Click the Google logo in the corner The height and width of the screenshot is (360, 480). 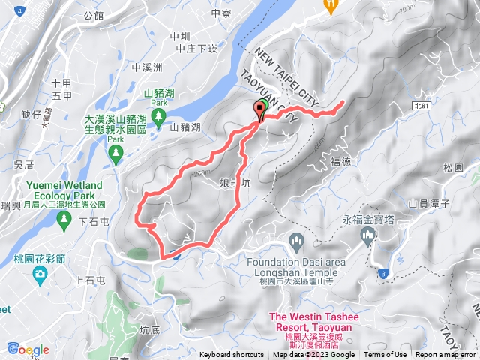click(x=28, y=349)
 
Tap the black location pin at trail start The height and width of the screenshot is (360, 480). click(x=261, y=111)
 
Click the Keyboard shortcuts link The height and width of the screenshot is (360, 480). click(x=231, y=355)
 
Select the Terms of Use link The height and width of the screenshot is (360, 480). click(x=385, y=355)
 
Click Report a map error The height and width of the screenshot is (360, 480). click(x=446, y=355)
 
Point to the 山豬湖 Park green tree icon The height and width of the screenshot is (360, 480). click(x=159, y=115)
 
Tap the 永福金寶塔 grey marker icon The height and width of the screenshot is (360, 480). click(x=367, y=237)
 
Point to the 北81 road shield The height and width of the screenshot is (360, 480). click(x=421, y=107)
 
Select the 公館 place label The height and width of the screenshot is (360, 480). click(x=94, y=16)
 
